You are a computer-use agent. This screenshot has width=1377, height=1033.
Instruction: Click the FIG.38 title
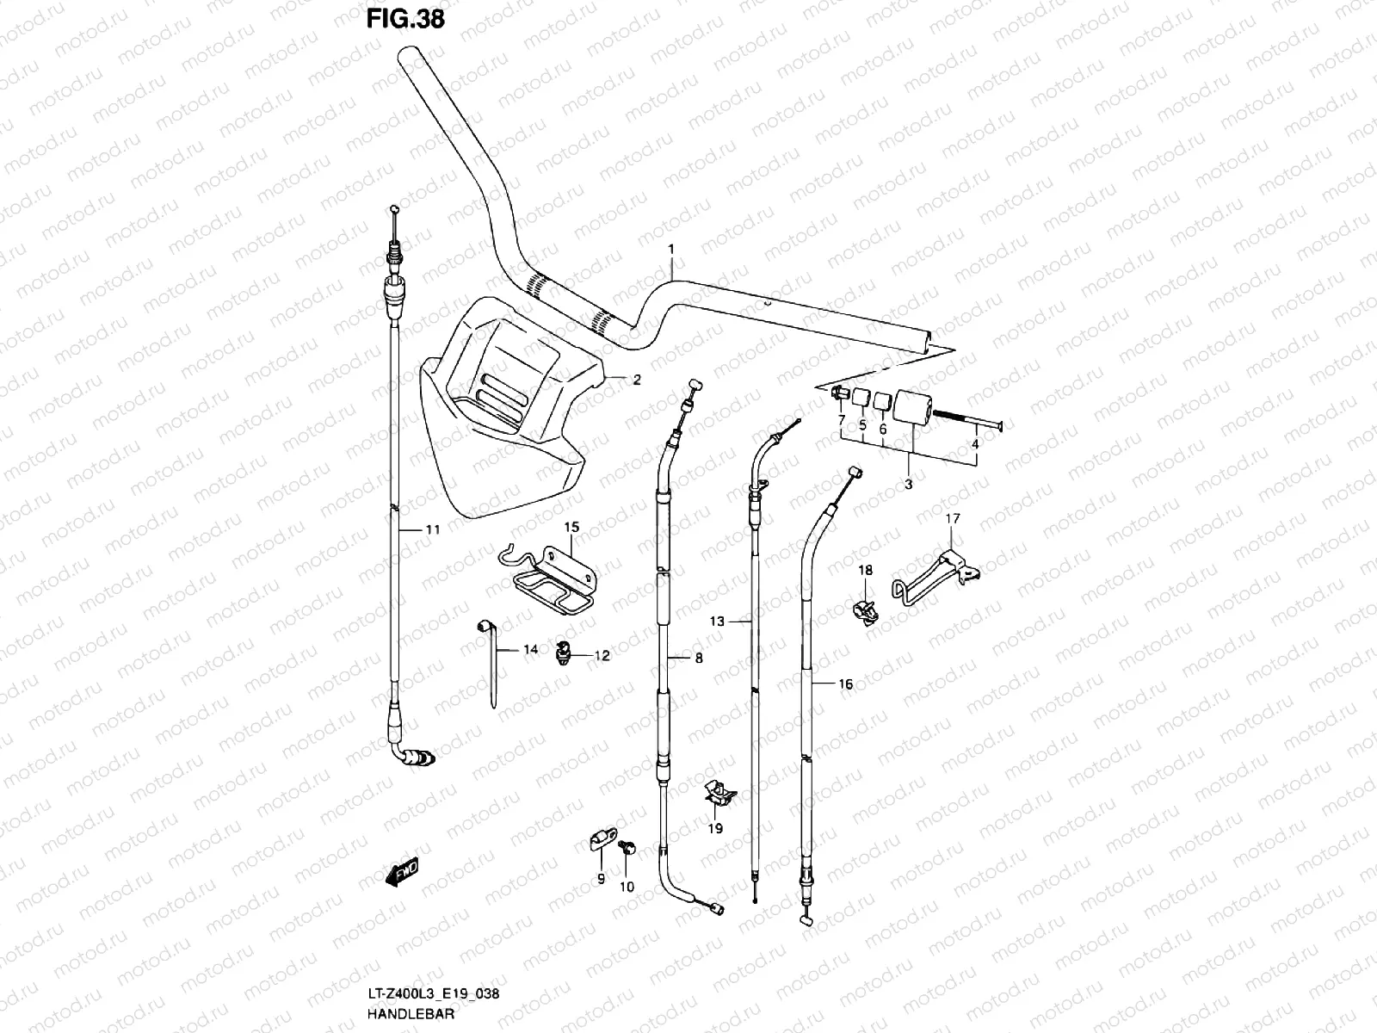406,19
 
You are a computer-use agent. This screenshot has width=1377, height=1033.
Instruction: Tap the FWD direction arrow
402,874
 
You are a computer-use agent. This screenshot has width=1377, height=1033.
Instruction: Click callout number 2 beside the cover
637,379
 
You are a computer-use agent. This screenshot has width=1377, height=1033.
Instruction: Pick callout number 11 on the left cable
432,530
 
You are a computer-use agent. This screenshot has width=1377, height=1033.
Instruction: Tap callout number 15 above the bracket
572,527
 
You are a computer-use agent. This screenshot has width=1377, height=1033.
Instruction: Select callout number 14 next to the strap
530,650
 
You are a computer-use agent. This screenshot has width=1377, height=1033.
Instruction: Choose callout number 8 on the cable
698,659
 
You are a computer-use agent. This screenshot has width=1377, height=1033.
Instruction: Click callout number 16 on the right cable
845,684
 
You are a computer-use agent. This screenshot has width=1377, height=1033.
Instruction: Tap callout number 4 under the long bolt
975,445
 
